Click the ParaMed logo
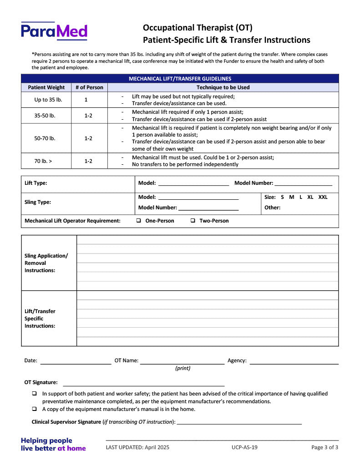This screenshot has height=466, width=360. [x=54, y=31]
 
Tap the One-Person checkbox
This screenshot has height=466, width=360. [x=139, y=221]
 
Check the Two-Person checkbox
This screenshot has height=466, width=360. [x=193, y=221]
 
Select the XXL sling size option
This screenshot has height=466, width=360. [x=323, y=197]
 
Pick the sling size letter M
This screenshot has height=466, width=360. [x=292, y=197]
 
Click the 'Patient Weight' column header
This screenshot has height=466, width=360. [x=46, y=87]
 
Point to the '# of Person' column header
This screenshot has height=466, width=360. [x=89, y=87]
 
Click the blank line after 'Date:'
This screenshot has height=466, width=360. [x=76, y=362]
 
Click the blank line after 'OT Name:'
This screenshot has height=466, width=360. [x=182, y=362]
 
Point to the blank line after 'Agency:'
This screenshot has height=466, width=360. [x=294, y=362]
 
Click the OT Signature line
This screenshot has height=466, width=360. [x=143, y=384]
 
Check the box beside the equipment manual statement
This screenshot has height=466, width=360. [x=34, y=409]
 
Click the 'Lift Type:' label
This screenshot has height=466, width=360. [x=36, y=183]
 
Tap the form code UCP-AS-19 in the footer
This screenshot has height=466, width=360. [x=244, y=447]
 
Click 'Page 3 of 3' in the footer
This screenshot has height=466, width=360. [x=325, y=447]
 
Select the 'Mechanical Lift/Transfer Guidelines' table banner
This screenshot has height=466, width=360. [x=180, y=79]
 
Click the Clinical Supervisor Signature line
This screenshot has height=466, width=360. [x=239, y=422]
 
